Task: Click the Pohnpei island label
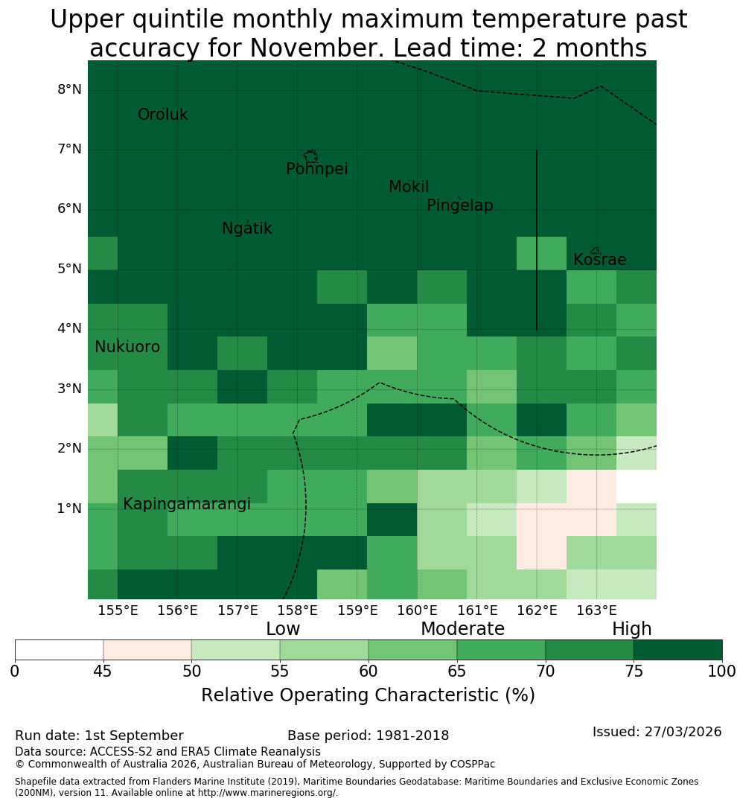coord(316,169)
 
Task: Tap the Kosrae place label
coord(599,260)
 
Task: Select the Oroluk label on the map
coord(162,115)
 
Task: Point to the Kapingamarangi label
coord(187,504)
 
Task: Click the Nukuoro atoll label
coord(127,347)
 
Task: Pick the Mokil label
coord(409,187)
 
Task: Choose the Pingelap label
coord(459,205)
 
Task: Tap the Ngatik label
coord(246,229)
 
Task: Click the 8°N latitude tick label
coord(69,90)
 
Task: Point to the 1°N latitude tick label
coord(69,508)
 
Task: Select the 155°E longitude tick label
coord(118,610)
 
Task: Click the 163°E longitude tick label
coord(596,610)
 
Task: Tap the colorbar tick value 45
coord(103,671)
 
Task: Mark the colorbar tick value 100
coord(722,671)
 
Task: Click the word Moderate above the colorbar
coord(462,628)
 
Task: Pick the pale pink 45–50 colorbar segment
coord(147,650)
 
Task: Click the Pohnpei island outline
coord(310,156)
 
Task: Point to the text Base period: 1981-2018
coord(368,736)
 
